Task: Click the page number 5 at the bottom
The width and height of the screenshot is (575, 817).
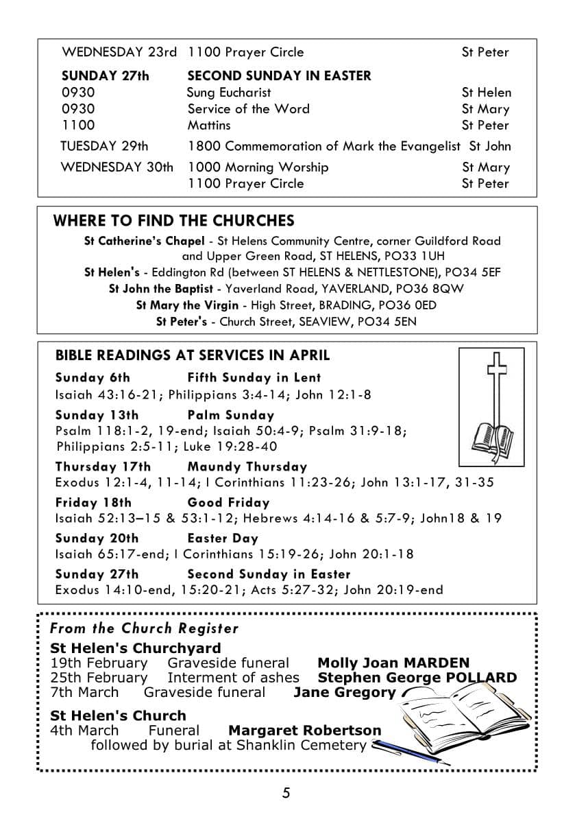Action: (x=286, y=794)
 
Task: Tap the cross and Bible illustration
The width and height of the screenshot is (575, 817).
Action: (x=492, y=407)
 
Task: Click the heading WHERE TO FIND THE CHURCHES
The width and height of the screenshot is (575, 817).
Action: (x=173, y=221)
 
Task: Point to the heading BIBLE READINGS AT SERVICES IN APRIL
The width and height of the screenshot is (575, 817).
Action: (x=192, y=355)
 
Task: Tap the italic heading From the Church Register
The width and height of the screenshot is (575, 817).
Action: (x=144, y=628)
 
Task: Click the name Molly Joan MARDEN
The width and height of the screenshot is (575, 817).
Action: (x=393, y=663)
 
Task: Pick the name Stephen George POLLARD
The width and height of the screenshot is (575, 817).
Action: (x=417, y=678)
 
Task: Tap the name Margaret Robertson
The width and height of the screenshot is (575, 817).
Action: (x=304, y=731)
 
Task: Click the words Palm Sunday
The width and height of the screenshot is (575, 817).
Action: (x=230, y=415)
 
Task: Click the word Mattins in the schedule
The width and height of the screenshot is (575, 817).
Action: (x=209, y=126)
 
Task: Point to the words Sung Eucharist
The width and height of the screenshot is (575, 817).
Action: (x=229, y=93)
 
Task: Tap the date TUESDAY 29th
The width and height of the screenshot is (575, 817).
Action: (x=104, y=146)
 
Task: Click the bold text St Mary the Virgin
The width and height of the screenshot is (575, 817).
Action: (x=187, y=305)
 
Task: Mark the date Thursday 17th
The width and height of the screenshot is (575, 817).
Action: (x=103, y=467)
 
